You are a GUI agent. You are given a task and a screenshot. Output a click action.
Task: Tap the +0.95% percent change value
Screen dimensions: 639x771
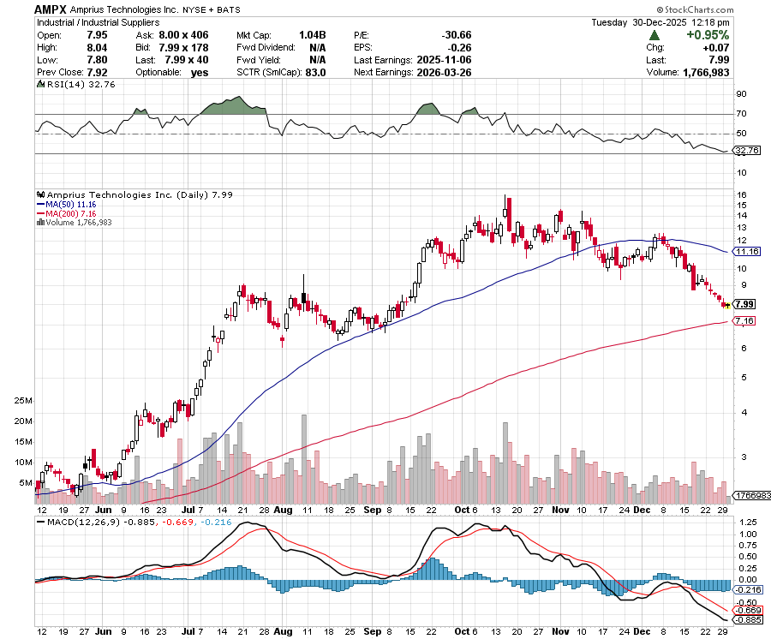pos(707,35)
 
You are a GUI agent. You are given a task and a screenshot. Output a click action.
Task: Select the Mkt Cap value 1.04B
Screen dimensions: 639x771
pos(310,35)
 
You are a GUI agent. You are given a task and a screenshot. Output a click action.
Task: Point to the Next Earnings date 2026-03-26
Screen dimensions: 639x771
pos(440,73)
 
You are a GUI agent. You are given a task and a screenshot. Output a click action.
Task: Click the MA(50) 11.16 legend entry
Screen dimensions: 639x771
pos(66,206)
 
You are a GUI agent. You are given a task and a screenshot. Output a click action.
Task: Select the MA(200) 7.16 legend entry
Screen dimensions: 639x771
pos(66,214)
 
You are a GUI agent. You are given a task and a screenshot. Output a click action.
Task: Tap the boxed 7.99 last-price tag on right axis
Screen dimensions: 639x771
pos(744,304)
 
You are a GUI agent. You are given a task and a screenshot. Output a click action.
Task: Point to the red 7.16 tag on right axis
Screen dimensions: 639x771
pos(744,320)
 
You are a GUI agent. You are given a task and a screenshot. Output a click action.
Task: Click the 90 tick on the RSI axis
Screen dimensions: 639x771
pos(741,94)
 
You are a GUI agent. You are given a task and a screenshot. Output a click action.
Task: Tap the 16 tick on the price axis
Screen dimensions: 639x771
pos(741,195)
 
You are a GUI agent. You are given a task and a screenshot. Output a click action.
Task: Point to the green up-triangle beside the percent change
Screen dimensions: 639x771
pos(654,35)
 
